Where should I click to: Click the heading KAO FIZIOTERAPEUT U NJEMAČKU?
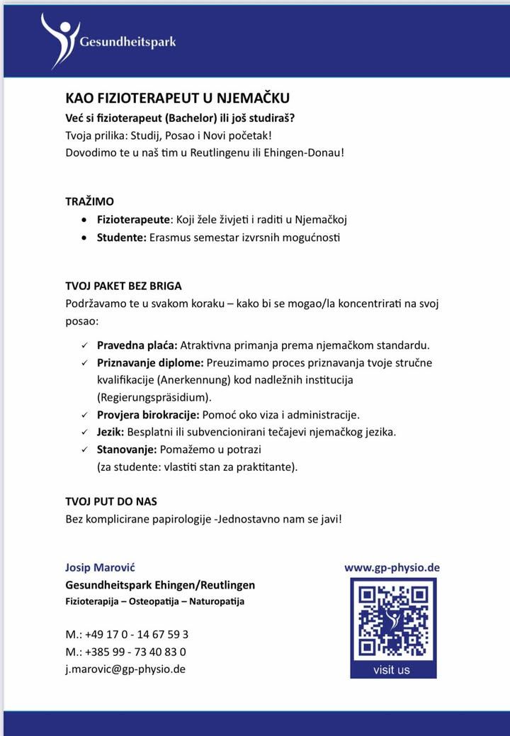(x=177, y=99)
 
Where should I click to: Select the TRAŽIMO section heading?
(x=89, y=202)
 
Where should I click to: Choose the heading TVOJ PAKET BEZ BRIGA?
(x=123, y=286)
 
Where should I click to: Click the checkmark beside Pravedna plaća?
(x=84, y=346)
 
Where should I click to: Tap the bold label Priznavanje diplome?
(x=149, y=363)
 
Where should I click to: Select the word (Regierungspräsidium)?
(x=154, y=397)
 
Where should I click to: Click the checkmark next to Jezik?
(x=84, y=432)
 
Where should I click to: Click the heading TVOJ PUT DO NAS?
(x=111, y=501)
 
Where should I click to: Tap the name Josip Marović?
(x=100, y=567)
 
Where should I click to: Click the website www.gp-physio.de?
(x=392, y=567)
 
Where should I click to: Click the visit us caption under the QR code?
(x=391, y=669)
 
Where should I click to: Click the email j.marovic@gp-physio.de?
(x=125, y=668)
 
